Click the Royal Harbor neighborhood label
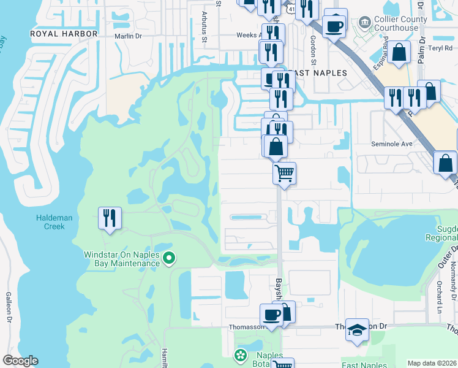point(64,33)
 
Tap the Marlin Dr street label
point(128,36)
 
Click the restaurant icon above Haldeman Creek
point(110,218)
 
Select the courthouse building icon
point(366,23)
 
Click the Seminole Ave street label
point(392,144)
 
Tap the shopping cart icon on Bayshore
point(284,173)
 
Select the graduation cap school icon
point(357,329)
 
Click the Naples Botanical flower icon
point(241,355)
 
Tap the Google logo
point(20,361)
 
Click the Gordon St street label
point(313,46)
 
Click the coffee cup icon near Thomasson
point(271,315)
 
